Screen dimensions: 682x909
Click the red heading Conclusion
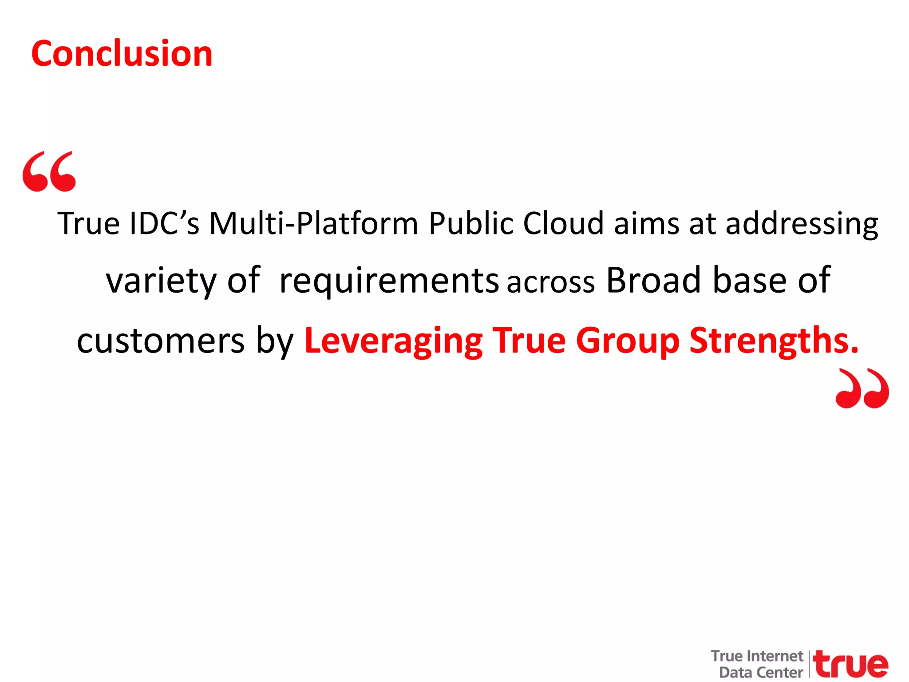[x=122, y=54]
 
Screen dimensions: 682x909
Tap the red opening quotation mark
[x=49, y=171]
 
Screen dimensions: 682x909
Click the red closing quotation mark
[x=862, y=388]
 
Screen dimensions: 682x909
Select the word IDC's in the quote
[x=164, y=223]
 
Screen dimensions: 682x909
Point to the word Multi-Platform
[x=314, y=223]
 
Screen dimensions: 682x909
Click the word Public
[x=471, y=223]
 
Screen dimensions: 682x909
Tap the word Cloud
[x=564, y=223]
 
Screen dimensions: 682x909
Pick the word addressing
[x=802, y=224]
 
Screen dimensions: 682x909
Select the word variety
[x=161, y=281]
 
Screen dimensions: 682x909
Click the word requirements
[x=389, y=281]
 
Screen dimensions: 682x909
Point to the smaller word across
[x=551, y=282]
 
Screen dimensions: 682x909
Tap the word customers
[x=161, y=341]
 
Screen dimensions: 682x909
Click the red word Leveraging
[x=393, y=341]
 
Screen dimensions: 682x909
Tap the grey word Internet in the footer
[x=775, y=656]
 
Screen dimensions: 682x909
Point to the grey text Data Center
[x=761, y=672]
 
